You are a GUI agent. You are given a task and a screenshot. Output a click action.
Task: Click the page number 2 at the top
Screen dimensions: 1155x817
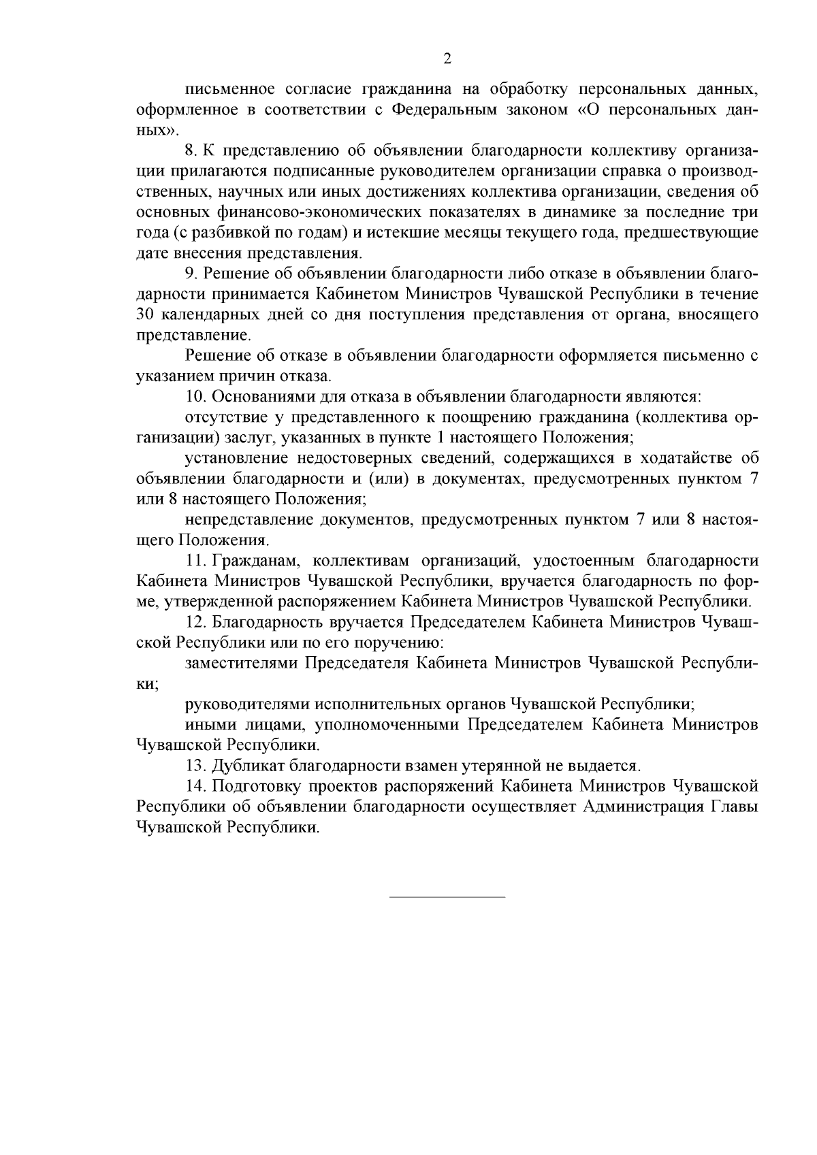click(447, 59)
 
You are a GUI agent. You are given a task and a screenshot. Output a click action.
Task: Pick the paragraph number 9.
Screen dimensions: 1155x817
click(190, 274)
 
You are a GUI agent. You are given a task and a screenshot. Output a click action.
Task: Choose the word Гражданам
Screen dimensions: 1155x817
click(252, 561)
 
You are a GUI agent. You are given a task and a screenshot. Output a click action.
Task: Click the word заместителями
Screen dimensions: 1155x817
click(242, 664)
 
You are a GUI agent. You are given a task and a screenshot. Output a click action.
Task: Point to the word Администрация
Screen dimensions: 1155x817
click(649, 807)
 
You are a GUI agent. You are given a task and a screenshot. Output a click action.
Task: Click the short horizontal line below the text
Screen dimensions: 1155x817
click(447, 896)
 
